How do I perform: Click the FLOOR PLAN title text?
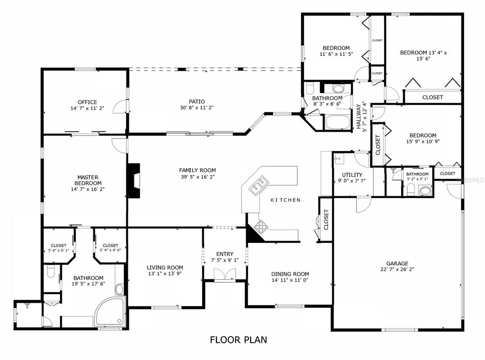pyautogui.click(x=239, y=340)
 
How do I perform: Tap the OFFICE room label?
pyautogui.click(x=87, y=102)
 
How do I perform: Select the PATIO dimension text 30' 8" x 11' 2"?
pyautogui.click(x=197, y=108)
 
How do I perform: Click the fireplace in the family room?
pyautogui.click(x=134, y=180)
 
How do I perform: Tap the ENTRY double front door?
pyautogui.click(x=225, y=275)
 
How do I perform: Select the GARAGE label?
pyautogui.click(x=397, y=263)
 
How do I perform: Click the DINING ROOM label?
pyautogui.click(x=290, y=274)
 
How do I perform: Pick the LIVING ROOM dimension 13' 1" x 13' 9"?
pyautogui.click(x=165, y=274)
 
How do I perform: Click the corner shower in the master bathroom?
pyautogui.click(x=110, y=311)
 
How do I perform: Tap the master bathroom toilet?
pyautogui.click(x=51, y=272)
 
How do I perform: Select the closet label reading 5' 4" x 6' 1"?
pyautogui.click(x=58, y=250)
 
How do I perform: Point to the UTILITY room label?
pyautogui.click(x=352, y=175)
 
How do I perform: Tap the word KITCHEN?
pyautogui.click(x=286, y=200)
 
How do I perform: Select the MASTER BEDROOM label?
pyautogui.click(x=88, y=180)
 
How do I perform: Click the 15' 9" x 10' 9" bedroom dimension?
pyautogui.click(x=423, y=142)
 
